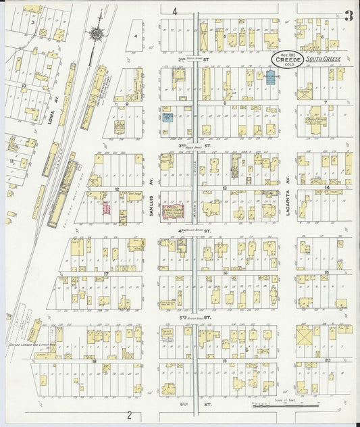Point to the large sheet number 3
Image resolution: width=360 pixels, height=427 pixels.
(348, 18)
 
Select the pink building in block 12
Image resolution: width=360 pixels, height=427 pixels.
(106, 207)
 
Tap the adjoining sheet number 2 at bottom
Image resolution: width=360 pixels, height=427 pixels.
(128, 413)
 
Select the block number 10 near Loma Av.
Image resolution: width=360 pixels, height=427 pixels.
(23, 86)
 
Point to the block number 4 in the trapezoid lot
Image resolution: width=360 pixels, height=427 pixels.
(136, 35)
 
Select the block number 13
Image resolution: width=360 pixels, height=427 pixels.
(224, 189)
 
